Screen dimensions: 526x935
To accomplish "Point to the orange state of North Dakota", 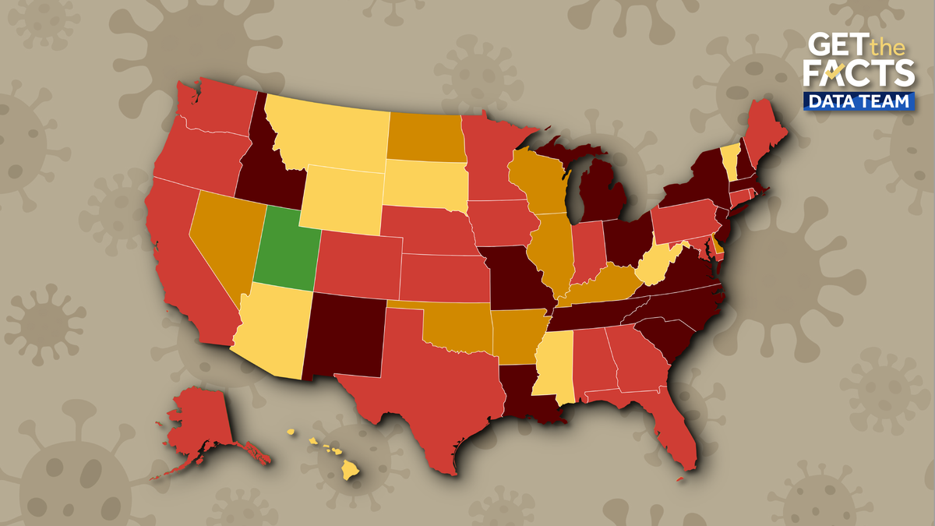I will tap(425, 136).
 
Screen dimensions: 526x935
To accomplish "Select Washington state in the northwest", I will tap(214, 109).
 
